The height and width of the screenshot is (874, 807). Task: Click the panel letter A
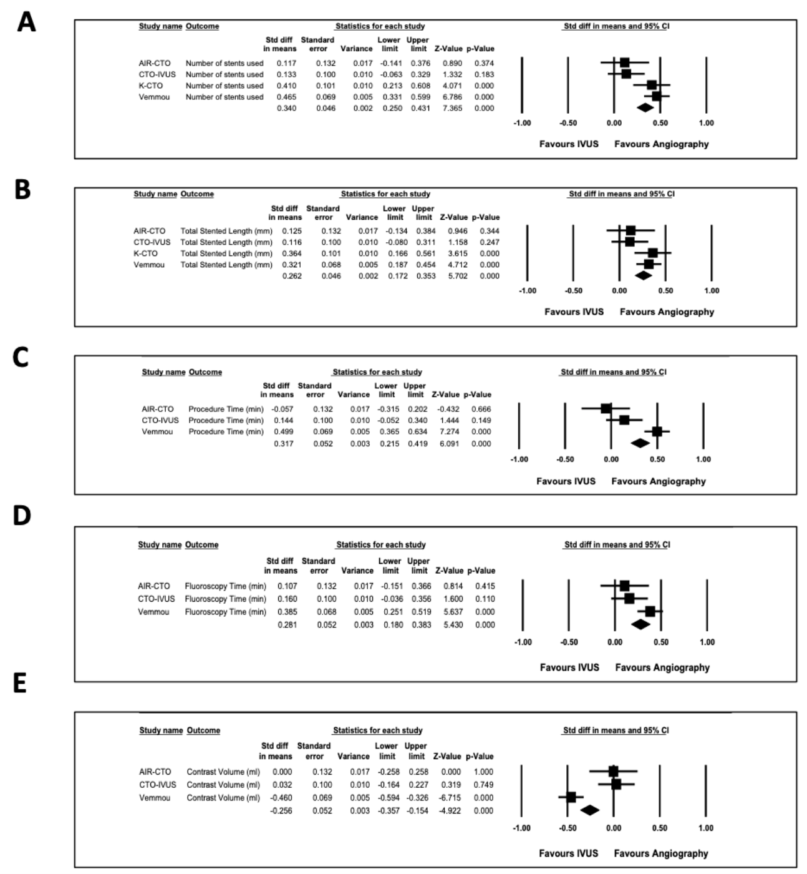pos(26,23)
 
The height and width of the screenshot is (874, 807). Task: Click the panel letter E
pos(20,684)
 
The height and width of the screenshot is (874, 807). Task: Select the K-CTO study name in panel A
pos(150,86)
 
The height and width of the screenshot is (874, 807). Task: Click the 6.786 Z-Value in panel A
pos(453,97)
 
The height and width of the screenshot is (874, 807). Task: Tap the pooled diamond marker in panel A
pos(645,107)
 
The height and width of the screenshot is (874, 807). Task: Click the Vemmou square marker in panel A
pos(656,96)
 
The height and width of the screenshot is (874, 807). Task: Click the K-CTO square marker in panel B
pos(652,253)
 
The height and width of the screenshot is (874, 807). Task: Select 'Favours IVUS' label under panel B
pos(574,312)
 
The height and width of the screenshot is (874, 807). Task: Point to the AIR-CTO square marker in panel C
pos(606,408)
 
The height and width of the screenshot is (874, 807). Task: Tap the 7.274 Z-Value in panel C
pos(448,431)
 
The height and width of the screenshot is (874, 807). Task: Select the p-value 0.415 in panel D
pos(485,586)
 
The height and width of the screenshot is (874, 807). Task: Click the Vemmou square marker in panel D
pos(650,611)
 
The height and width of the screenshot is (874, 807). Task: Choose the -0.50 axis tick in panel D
pos(569,642)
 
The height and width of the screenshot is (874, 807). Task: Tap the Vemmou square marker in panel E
pos(571,797)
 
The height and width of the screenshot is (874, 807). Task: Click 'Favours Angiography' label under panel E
pos(660,853)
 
